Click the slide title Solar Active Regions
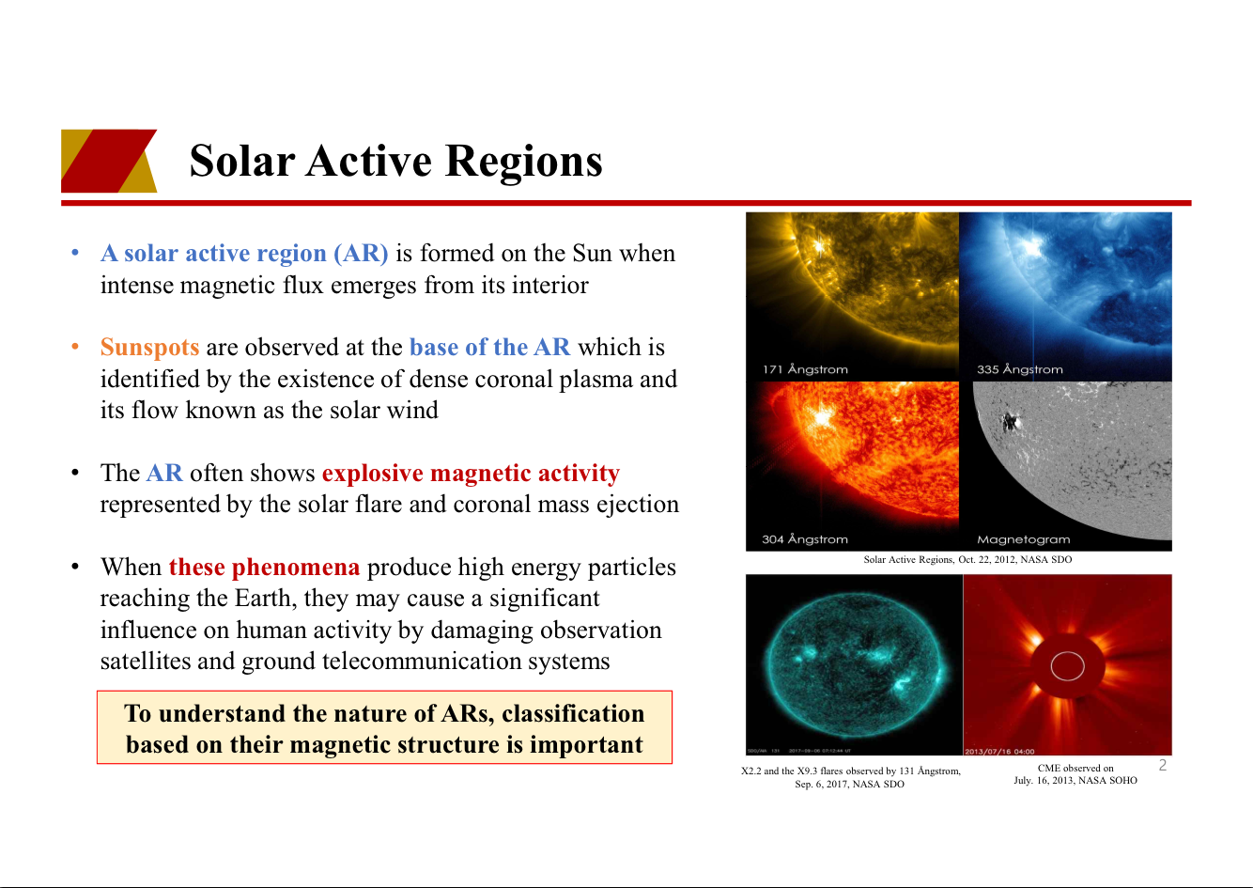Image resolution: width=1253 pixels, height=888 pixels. pyautogui.click(x=396, y=161)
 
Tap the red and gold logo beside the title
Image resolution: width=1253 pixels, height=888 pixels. pyautogui.click(x=109, y=161)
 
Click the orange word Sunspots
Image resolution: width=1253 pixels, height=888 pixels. pyautogui.click(x=150, y=348)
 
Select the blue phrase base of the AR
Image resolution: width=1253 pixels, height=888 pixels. pyautogui.click(x=490, y=347)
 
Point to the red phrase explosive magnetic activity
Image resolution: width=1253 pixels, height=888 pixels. pyautogui.click(x=471, y=474)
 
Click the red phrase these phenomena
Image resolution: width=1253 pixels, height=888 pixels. pyautogui.click(x=265, y=568)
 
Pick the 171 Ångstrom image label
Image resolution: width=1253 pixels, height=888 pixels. pyautogui.click(x=805, y=369)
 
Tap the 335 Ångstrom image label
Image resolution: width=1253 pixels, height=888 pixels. pyautogui.click(x=1020, y=369)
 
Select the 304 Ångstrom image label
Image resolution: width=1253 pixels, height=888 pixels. pyautogui.click(x=805, y=539)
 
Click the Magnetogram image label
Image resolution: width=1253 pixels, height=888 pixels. pyautogui.click(x=1024, y=539)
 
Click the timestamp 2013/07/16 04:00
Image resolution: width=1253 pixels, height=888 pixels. pyautogui.click(x=999, y=752)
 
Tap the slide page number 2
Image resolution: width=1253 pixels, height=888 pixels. pyautogui.click(x=1163, y=765)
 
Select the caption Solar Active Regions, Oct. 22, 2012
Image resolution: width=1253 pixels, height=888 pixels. pyautogui.click(x=967, y=559)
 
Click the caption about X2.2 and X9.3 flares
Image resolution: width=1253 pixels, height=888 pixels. pyautogui.click(x=851, y=777)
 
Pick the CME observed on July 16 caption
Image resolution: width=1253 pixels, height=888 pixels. pyautogui.click(x=1075, y=774)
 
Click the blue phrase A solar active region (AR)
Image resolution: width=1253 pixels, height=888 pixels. pyautogui.click(x=244, y=254)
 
